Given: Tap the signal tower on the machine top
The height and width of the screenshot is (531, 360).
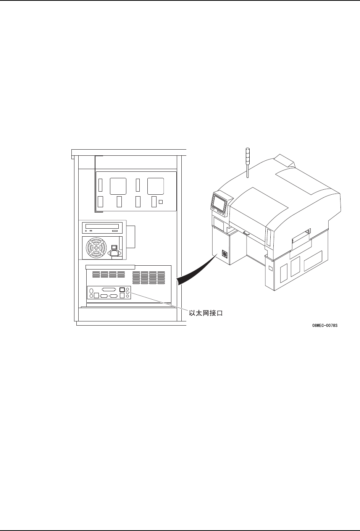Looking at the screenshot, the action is (x=247, y=162).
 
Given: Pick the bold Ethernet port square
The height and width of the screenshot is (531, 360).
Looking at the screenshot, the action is (x=122, y=289).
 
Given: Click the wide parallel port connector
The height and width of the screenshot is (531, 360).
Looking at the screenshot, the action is (x=109, y=289).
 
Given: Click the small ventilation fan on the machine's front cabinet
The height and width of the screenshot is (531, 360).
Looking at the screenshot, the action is (x=224, y=254).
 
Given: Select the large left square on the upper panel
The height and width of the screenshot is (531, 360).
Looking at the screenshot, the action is (x=117, y=186).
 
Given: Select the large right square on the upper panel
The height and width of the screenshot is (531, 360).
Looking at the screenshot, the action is (x=155, y=186).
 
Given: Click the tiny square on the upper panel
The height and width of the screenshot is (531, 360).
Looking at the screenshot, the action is (x=161, y=201).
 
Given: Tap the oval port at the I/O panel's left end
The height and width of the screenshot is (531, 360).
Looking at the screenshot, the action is (x=91, y=291).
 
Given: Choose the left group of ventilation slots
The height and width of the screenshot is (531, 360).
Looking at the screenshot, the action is (x=108, y=274).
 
